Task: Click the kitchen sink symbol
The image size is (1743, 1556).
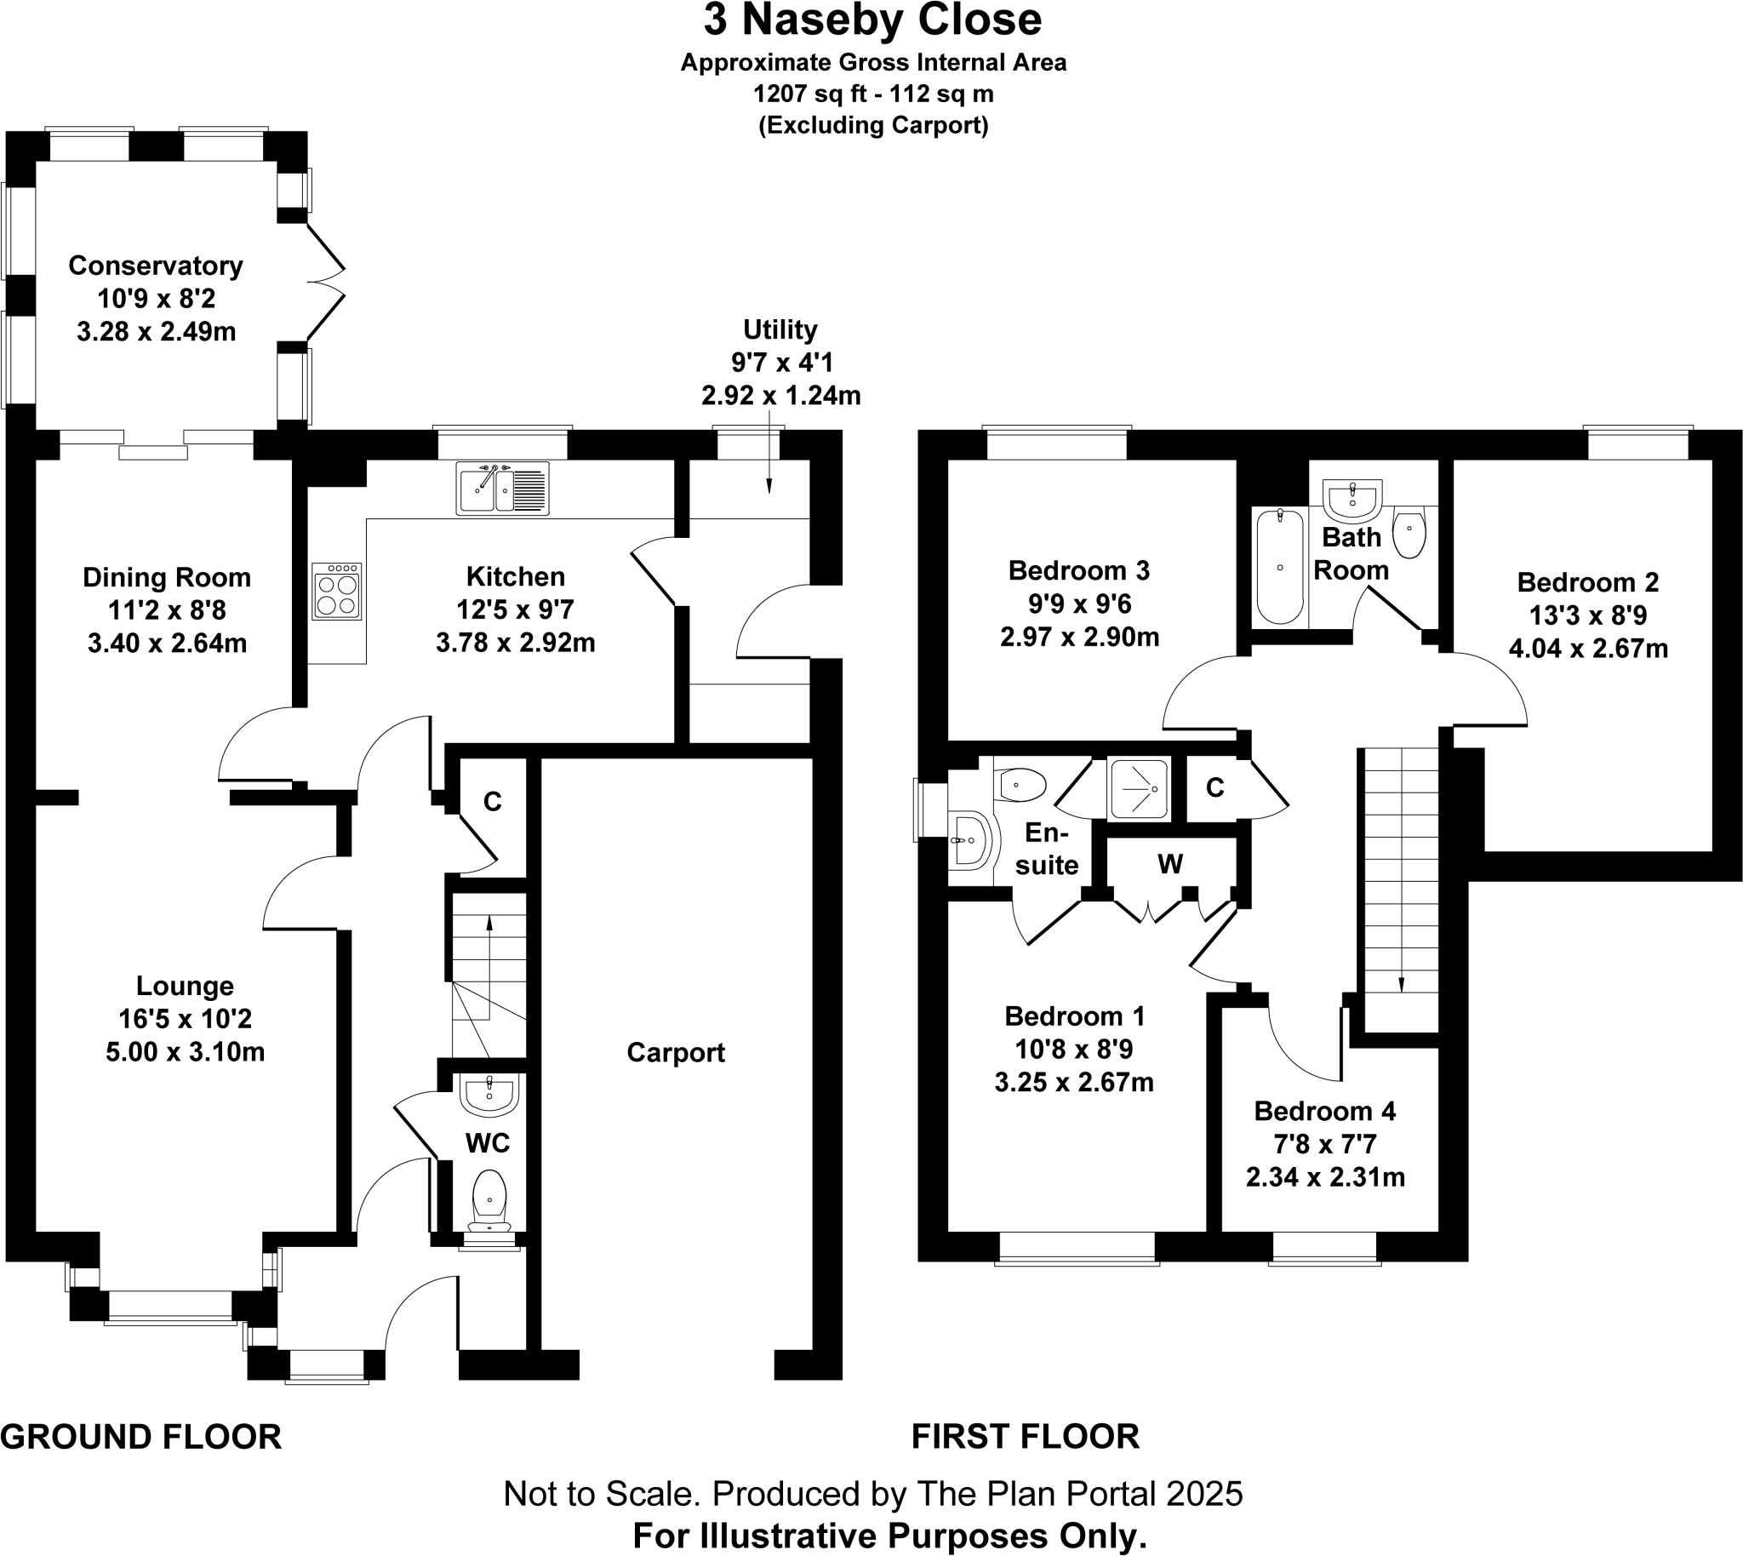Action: pyautogui.click(x=503, y=489)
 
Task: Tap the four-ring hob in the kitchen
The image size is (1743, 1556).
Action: pyautogui.click(x=337, y=591)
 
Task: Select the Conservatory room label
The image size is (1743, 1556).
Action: pyautogui.click(x=156, y=266)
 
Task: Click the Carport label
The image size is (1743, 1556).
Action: pyautogui.click(x=675, y=1052)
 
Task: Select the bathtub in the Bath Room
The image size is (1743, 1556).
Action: pyautogui.click(x=1280, y=566)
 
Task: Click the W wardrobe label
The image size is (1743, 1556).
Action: pyautogui.click(x=1169, y=864)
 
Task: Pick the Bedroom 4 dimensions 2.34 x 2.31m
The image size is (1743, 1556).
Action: pyautogui.click(x=1325, y=1177)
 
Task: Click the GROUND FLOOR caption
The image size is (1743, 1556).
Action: pyautogui.click(x=141, y=1436)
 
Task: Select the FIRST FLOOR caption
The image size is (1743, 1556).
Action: pyautogui.click(x=1025, y=1436)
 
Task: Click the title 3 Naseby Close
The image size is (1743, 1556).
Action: pyautogui.click(x=872, y=20)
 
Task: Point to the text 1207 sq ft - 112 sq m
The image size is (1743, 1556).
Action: pyautogui.click(x=872, y=93)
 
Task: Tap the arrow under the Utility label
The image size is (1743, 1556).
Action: pyautogui.click(x=769, y=461)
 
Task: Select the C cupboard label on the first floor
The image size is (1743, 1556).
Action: pyautogui.click(x=1214, y=787)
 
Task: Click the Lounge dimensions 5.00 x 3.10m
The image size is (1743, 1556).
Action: pyautogui.click(x=185, y=1051)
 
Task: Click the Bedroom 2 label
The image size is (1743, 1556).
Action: pyautogui.click(x=1587, y=582)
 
